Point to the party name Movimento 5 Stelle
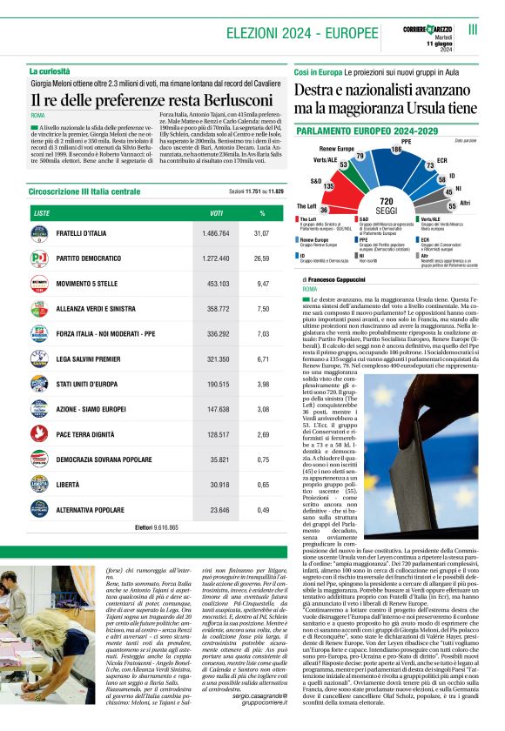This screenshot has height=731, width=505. (93, 284)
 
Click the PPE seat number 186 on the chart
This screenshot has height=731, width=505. (396, 150)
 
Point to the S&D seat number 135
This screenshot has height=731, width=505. (328, 186)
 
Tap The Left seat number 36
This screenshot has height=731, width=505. (324, 209)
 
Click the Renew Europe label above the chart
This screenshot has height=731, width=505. (335, 148)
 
